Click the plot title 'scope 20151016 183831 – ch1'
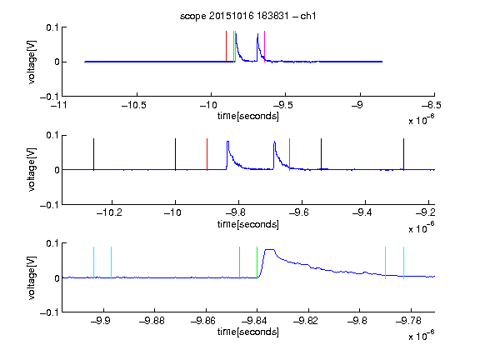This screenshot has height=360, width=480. [x=248, y=16]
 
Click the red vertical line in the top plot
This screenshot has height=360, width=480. [x=226, y=46]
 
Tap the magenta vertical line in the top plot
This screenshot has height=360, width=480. [x=264, y=46]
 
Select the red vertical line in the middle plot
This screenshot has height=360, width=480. [x=207, y=154]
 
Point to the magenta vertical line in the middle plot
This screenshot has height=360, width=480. [x=290, y=154]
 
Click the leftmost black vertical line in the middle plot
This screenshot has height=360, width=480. [x=93, y=154]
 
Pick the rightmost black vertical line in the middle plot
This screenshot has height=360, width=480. [x=403, y=154]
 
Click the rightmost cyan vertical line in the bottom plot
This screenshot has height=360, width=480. [x=403, y=262]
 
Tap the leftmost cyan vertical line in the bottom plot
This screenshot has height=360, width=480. [x=93, y=262]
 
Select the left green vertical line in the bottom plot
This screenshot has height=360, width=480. [x=239, y=262]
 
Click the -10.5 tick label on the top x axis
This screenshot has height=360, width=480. [x=134, y=105]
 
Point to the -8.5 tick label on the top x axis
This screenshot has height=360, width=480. [x=432, y=105]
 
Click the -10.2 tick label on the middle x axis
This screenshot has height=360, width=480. [x=109, y=212]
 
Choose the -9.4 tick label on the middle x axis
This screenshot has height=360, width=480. [x=362, y=212]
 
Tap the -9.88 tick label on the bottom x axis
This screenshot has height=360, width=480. [x=152, y=321]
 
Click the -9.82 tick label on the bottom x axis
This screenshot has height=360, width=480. [x=306, y=321]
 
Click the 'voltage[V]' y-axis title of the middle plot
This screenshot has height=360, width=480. [x=32, y=170]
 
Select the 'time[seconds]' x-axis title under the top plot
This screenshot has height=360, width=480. [x=248, y=117]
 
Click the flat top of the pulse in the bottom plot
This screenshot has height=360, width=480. [x=269, y=250]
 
